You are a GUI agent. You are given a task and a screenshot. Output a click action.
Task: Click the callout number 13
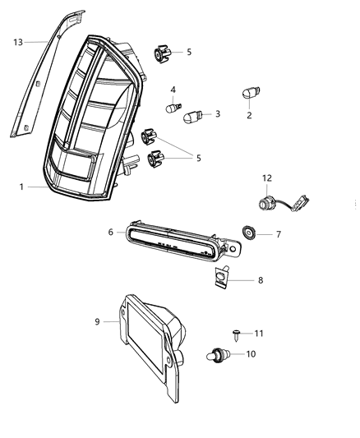18,40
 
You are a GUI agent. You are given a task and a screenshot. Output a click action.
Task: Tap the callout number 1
22,187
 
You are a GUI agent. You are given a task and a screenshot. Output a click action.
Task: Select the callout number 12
266,178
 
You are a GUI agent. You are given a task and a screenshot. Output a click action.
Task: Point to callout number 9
98,322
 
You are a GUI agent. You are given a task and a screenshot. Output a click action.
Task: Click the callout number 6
111,233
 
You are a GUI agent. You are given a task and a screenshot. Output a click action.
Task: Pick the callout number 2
249,116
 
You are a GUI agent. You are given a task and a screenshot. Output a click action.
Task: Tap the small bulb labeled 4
173,106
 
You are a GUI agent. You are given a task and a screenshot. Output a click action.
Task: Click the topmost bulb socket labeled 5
162,55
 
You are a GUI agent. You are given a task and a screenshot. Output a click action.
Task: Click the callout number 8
260,280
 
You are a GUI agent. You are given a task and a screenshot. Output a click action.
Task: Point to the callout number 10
252,355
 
